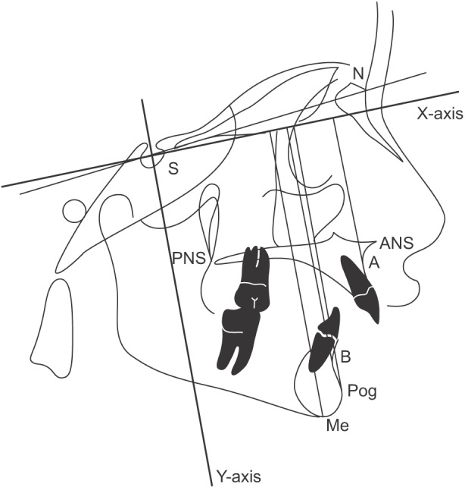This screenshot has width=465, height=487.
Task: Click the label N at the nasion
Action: pyautogui.click(x=357, y=74)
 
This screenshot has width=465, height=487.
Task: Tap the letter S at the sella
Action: pyautogui.click(x=173, y=170)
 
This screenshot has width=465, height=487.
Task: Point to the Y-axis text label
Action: pyautogui.click(x=239, y=476)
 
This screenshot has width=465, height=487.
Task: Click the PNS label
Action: pyautogui.click(x=188, y=258)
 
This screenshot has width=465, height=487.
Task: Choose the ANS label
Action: pyautogui.click(x=396, y=244)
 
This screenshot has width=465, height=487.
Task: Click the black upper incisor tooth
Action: pyautogui.click(x=360, y=287)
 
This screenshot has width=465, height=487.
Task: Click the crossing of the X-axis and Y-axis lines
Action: pyautogui.click(x=152, y=157)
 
